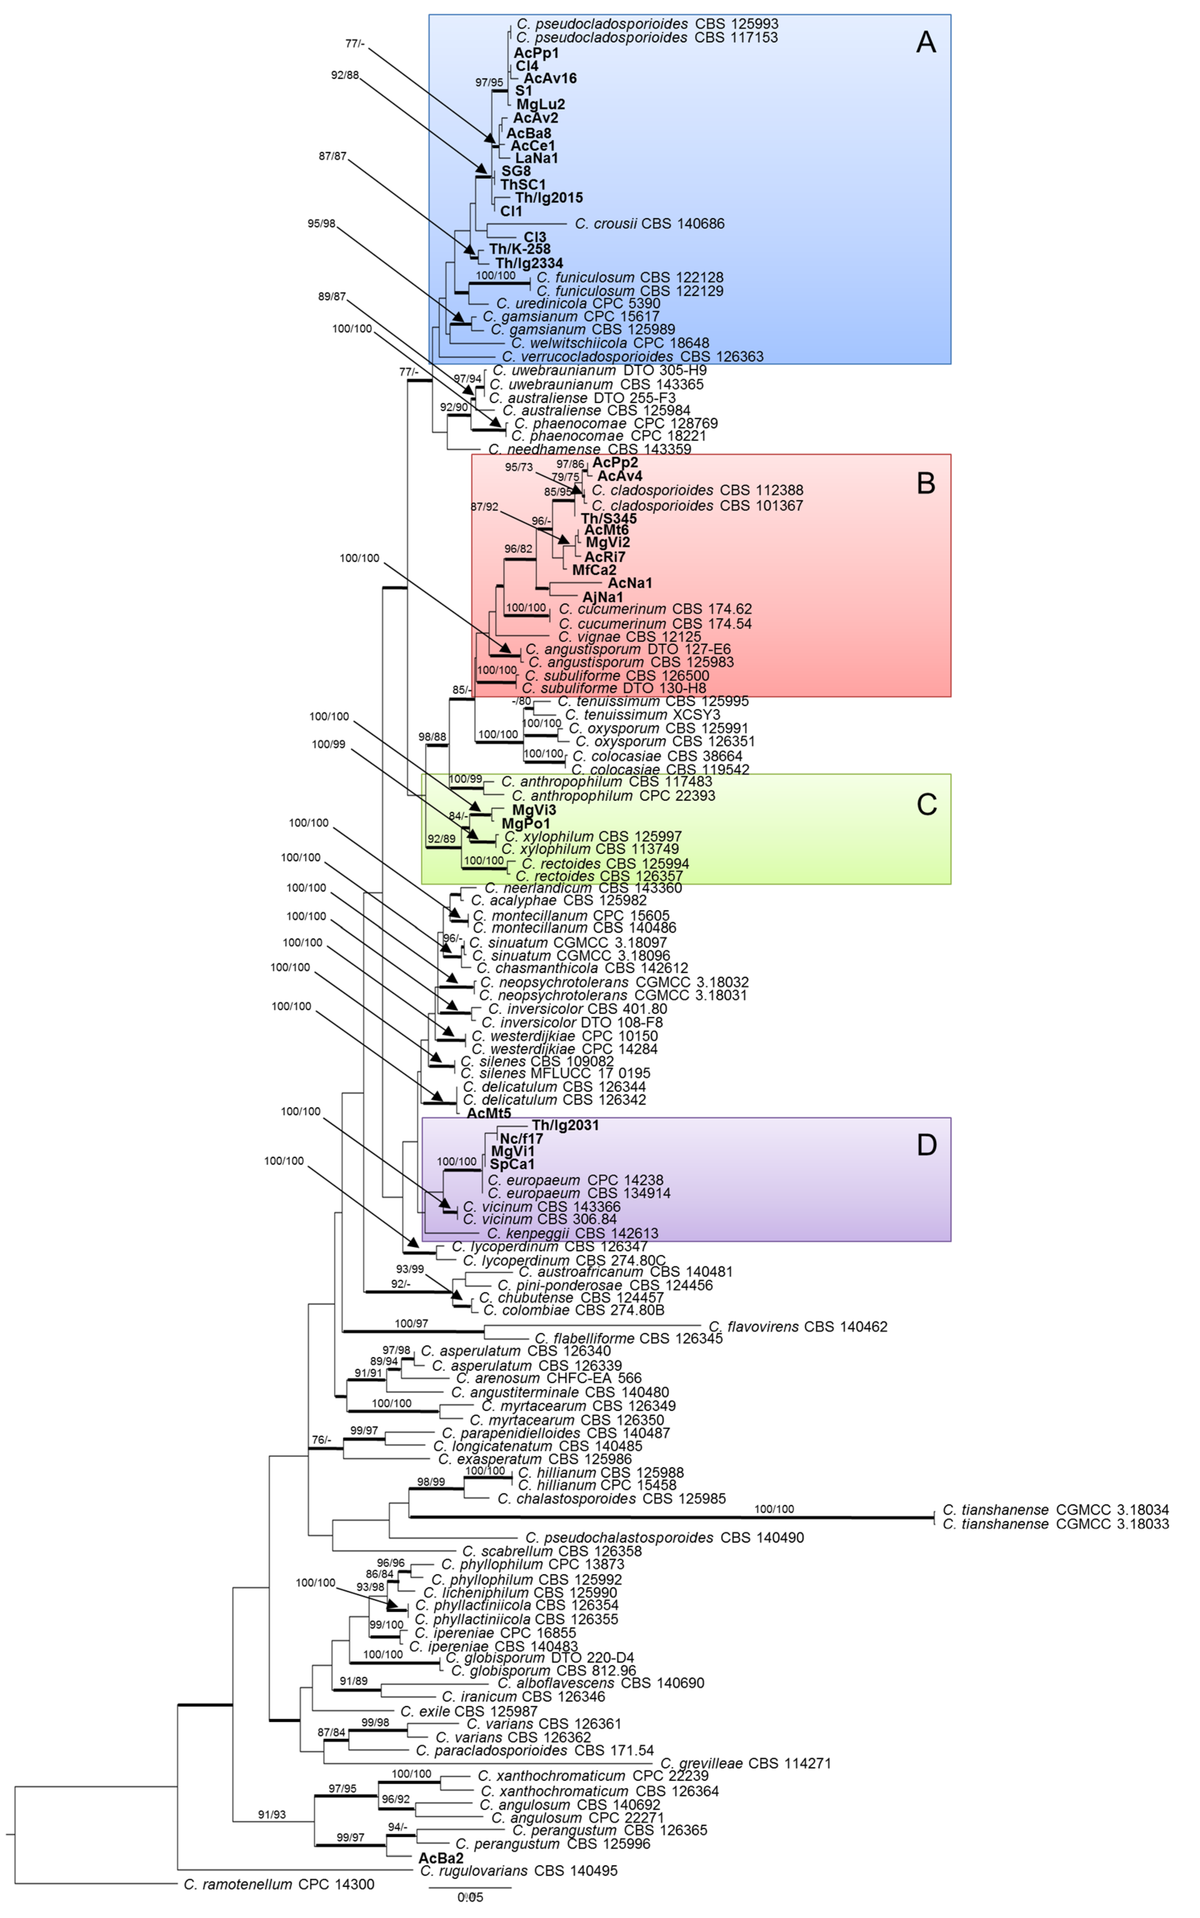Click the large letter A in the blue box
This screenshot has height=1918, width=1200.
(925, 42)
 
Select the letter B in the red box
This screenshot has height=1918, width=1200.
(925, 483)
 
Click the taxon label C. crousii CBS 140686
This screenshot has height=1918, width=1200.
(649, 224)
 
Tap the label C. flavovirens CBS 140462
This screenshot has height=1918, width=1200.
(797, 1326)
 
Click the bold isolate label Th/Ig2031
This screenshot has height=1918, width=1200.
(565, 1125)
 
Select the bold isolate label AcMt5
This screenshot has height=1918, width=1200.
(489, 1113)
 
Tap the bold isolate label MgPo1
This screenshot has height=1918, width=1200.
(525, 824)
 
